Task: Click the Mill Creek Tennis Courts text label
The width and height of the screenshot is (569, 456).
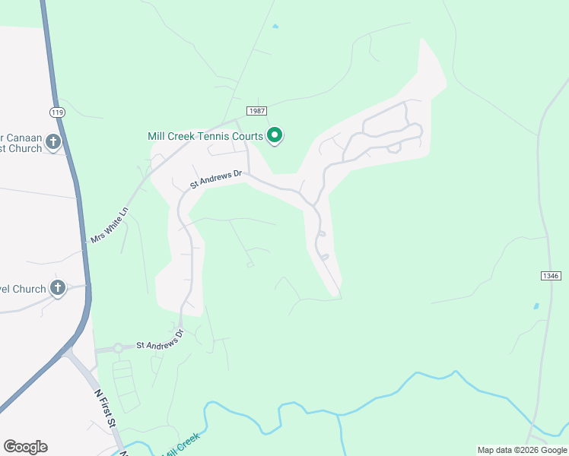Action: tap(205, 137)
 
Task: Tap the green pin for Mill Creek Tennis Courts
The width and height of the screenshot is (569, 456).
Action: tap(275, 136)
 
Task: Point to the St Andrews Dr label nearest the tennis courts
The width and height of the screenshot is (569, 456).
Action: tap(216, 179)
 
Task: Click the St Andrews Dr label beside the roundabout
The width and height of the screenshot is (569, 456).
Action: tap(160, 340)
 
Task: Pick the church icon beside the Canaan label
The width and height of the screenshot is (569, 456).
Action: tap(53, 141)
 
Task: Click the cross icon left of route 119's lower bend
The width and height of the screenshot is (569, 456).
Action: tap(58, 288)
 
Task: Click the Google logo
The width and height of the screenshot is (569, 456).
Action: tap(25, 446)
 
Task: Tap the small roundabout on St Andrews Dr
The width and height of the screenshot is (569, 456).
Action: tap(118, 349)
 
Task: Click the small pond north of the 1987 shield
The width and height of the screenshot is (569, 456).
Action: tap(275, 27)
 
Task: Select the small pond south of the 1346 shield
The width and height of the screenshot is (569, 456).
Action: tap(536, 306)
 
